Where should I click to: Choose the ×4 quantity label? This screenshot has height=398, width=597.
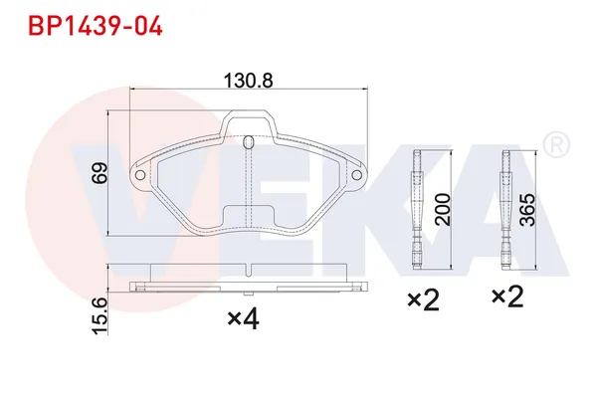coord(244,319)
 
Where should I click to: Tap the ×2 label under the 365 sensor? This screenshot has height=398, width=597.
coord(507,298)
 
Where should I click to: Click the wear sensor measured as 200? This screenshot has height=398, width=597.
coord(419,209)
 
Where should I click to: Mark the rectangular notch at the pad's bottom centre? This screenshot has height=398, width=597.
coord(248,215)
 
